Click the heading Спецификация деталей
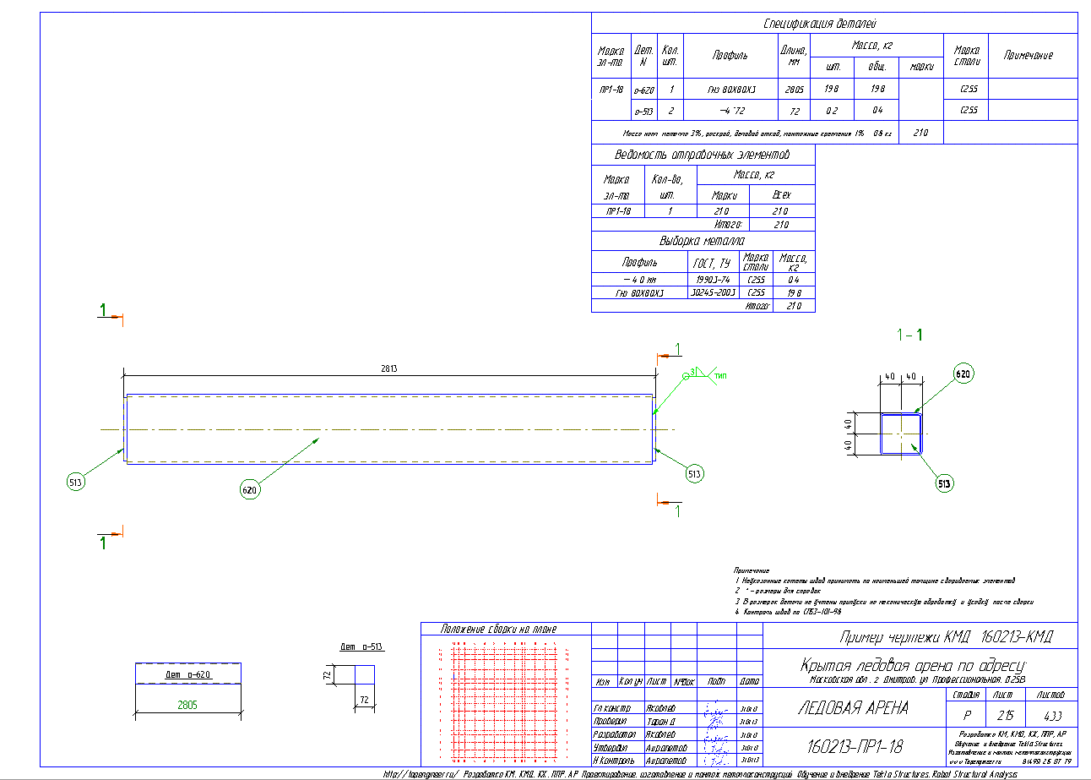(x=833, y=24)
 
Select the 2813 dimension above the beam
(x=388, y=369)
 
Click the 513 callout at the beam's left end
(x=75, y=483)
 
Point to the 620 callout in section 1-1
(x=963, y=373)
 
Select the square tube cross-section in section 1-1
(x=901, y=434)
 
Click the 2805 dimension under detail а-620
(x=187, y=705)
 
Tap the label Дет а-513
(x=361, y=647)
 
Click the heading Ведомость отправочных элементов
(x=703, y=155)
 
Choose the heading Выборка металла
(x=703, y=241)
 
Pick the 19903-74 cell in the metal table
(x=714, y=280)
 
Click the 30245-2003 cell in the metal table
(x=714, y=293)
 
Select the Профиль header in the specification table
(x=730, y=56)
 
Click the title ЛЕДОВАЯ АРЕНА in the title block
(x=853, y=708)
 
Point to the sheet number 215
(x=1002, y=715)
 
